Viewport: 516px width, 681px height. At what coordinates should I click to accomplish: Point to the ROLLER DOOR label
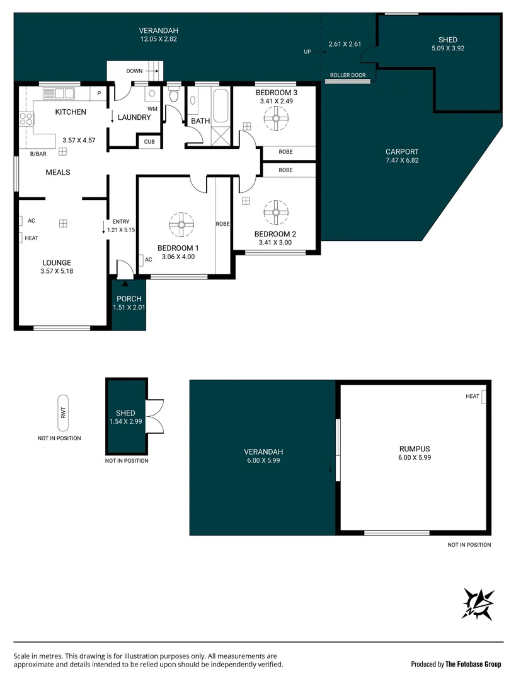click(348, 75)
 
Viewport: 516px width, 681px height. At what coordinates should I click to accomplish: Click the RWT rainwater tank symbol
click(62, 413)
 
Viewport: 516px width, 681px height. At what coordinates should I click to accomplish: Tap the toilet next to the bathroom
click(174, 98)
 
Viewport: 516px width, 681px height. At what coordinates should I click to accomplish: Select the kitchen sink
click(58, 94)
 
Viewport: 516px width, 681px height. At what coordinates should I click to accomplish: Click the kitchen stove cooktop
click(26, 119)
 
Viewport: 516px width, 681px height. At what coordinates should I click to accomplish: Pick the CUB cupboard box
click(149, 142)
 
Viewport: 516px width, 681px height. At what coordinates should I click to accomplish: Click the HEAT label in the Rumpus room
click(473, 397)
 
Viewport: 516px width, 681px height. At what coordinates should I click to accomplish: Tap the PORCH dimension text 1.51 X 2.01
click(129, 307)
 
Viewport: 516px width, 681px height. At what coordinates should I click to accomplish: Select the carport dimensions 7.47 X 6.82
click(402, 161)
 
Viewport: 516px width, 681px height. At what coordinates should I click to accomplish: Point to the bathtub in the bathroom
click(220, 105)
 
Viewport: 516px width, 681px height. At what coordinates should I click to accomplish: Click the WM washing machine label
click(152, 109)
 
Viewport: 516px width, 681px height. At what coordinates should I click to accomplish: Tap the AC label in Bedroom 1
click(149, 259)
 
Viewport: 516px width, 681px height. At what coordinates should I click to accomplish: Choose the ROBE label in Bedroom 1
click(222, 224)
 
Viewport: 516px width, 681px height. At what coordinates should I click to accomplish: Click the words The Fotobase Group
click(473, 664)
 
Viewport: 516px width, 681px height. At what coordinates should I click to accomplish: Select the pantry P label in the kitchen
click(99, 94)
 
